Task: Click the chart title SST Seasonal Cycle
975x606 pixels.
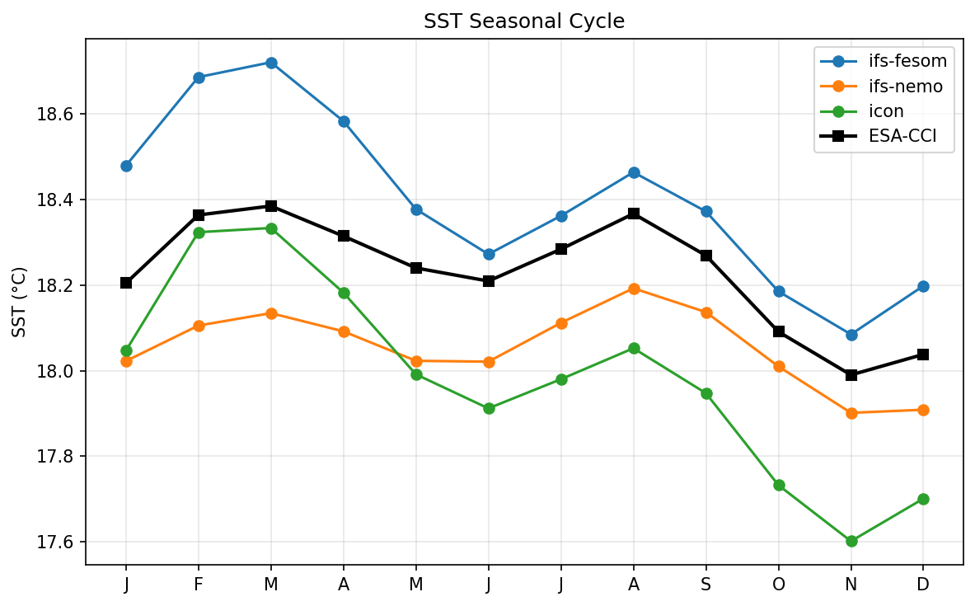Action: (x=524, y=22)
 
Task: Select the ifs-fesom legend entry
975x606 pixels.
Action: (x=907, y=60)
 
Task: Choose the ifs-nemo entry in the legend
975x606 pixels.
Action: (x=905, y=87)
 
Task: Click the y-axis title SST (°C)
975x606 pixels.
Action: (x=20, y=301)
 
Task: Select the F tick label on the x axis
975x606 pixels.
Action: (x=199, y=584)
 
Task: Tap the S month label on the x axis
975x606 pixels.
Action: (x=706, y=584)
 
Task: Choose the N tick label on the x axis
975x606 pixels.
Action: (x=851, y=584)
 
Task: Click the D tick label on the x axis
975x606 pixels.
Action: (x=923, y=584)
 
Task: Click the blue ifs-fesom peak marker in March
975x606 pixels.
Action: (x=271, y=63)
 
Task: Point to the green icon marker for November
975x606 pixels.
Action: (x=851, y=541)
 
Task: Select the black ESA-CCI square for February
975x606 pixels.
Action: (x=199, y=215)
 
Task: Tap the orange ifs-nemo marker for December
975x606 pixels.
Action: (x=923, y=410)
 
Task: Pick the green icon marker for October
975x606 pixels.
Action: (x=779, y=485)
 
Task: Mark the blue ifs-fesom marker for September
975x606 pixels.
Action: (x=706, y=211)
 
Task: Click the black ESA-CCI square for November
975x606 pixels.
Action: (x=851, y=375)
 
